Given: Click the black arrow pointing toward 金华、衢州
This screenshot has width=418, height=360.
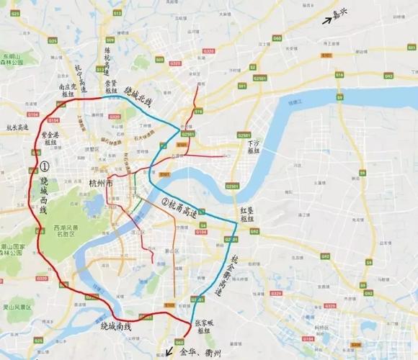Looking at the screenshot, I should click(x=169, y=352).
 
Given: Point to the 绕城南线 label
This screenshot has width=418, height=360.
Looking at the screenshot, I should click(x=116, y=327).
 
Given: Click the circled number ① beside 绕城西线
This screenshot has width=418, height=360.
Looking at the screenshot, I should click(x=44, y=166).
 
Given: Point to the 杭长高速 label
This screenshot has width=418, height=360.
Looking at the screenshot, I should click(x=17, y=127).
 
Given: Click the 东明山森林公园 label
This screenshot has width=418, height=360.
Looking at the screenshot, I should click(x=11, y=59).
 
